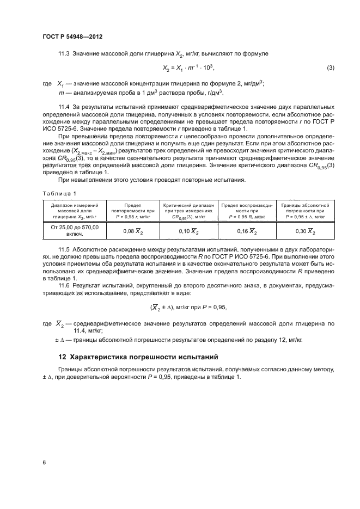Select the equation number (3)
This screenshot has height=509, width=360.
330,68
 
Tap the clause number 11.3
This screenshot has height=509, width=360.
64,54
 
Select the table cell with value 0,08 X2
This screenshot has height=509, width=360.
129,231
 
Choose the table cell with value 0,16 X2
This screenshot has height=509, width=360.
246,231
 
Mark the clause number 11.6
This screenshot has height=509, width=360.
64,284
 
